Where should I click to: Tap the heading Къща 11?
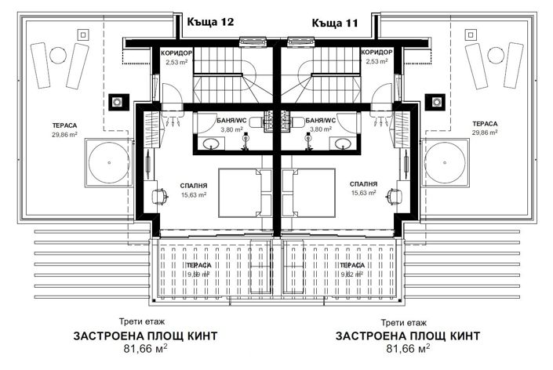coord(335,23)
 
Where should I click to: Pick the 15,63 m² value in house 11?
coord(364,194)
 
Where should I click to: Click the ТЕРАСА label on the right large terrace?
coord(485,124)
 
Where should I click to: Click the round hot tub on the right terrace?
coord(449,164)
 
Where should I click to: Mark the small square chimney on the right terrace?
coord(435,101)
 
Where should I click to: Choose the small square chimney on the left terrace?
coord(117,101)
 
